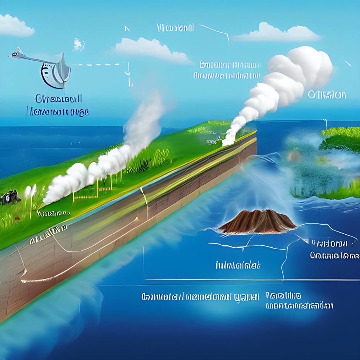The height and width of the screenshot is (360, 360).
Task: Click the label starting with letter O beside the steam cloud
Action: coord(327,95)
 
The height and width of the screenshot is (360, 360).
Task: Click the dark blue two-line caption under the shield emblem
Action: coord(58,105)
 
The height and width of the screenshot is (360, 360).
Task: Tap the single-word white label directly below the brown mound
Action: coord(238,265)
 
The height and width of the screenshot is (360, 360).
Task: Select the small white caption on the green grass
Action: coord(53,213)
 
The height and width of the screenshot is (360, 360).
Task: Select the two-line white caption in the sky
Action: coord(228,70)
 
